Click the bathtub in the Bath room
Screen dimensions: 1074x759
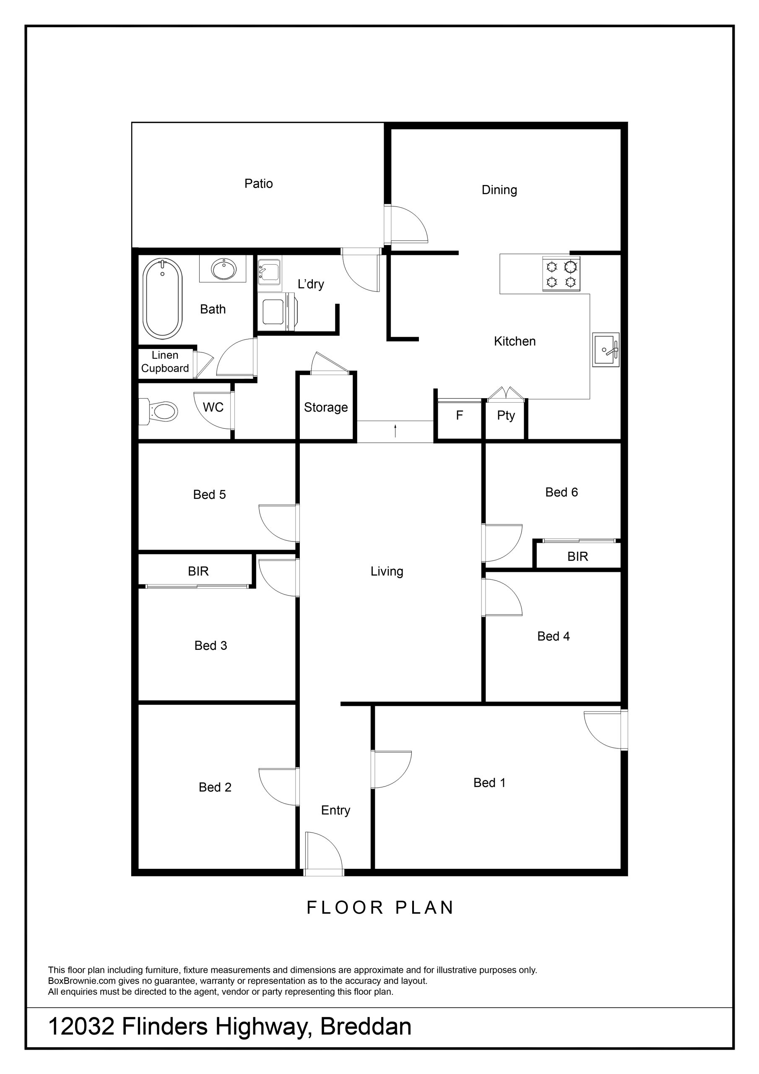click(162, 298)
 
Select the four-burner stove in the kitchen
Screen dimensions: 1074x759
click(561, 274)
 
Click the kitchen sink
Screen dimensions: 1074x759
click(606, 349)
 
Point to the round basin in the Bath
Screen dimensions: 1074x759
click(224, 269)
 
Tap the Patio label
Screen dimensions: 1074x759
click(259, 183)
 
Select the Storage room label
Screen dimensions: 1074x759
click(326, 407)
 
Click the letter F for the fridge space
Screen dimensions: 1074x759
click(459, 415)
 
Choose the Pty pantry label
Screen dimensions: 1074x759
click(506, 415)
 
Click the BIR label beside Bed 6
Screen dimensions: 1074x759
click(577, 556)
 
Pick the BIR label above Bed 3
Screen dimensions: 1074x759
click(198, 571)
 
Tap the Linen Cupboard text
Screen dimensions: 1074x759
click(165, 362)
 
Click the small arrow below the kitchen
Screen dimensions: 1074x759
click(395, 430)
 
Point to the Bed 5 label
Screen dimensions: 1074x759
click(210, 495)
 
